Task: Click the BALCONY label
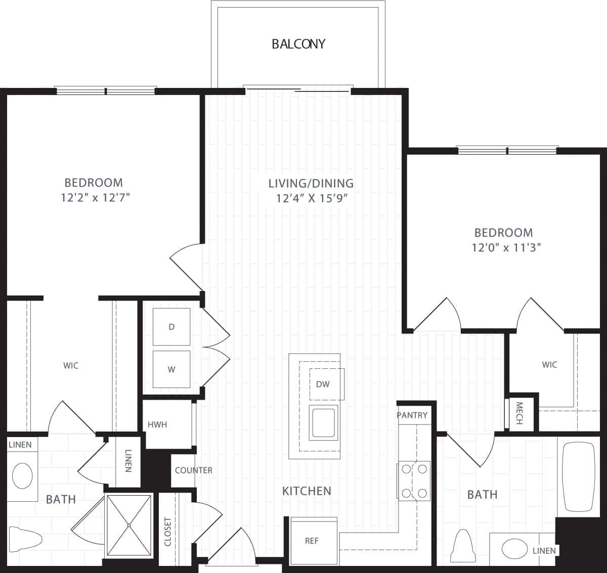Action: pos(298,44)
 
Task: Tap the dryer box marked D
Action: pos(171,327)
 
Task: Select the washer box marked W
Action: pos(171,369)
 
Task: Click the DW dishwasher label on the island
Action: pos(323,384)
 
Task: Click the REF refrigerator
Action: pos(312,541)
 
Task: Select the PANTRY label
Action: pos(412,415)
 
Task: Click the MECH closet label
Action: pos(519,413)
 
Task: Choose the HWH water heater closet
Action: pos(157,424)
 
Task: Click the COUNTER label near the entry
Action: pos(193,470)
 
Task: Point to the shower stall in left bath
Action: pos(129,526)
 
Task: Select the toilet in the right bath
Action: pos(463,547)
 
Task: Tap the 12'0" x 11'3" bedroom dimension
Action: pos(503,248)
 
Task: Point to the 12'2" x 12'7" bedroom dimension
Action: pos(95,198)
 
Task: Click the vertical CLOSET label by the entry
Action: pos(168,531)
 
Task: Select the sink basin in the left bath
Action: pos(22,475)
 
